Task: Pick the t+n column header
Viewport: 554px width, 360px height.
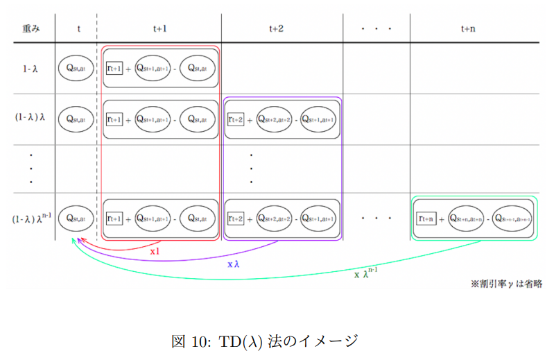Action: click(x=469, y=28)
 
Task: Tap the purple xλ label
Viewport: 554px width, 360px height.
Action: click(x=234, y=264)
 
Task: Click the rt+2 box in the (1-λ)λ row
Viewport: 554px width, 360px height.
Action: click(x=236, y=119)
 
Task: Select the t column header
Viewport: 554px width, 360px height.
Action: click(x=78, y=28)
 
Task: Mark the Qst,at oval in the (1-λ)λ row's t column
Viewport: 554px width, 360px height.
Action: click(x=76, y=118)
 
